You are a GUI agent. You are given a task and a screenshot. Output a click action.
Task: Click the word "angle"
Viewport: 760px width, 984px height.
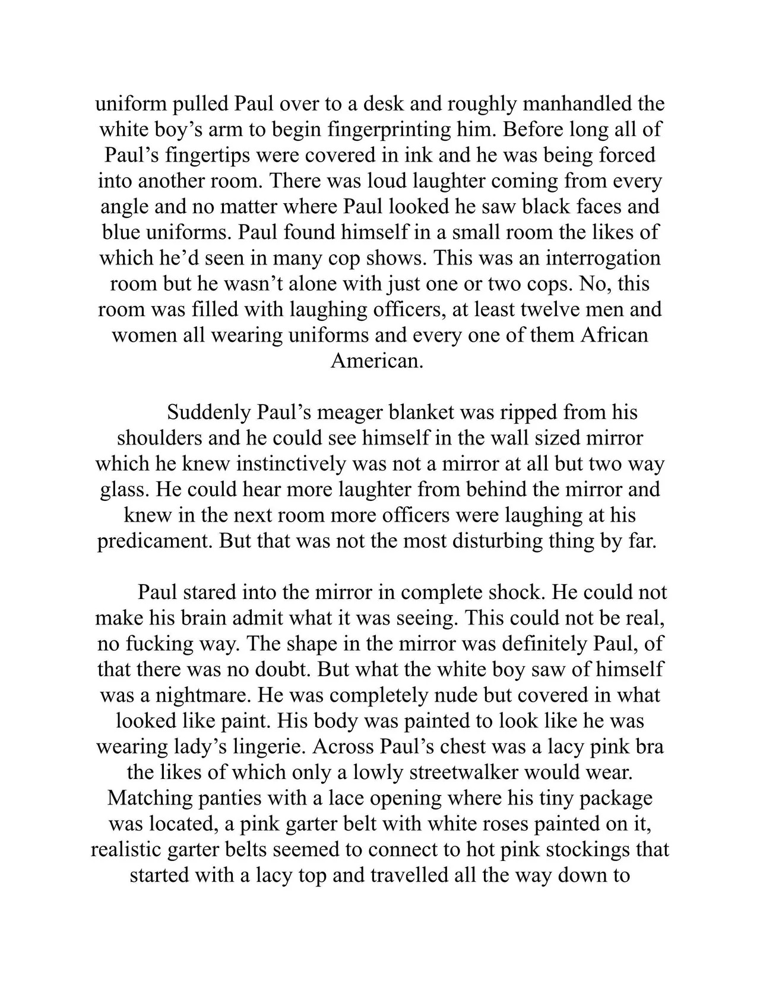[x=125, y=206]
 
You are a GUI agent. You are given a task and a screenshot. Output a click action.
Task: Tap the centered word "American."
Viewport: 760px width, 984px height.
[x=377, y=361]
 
